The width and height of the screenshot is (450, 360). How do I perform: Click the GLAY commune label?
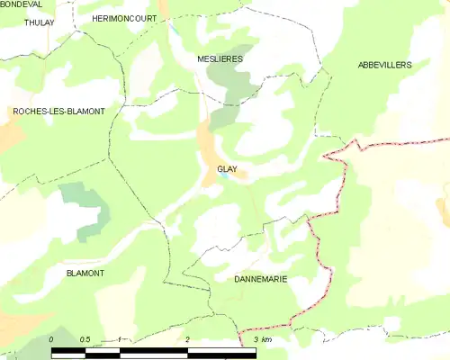point(227,168)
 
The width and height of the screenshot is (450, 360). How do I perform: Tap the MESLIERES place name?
point(220,58)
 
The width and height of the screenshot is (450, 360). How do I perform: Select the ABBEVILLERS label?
point(384,66)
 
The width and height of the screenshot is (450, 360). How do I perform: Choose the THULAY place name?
point(40,22)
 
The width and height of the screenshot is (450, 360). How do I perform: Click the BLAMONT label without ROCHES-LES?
point(85,273)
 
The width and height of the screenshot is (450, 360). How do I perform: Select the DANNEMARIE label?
point(260,279)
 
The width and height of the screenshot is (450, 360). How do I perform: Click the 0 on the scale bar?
point(52,339)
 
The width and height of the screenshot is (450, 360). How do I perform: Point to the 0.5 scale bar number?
point(85,339)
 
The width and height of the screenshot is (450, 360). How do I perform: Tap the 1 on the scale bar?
point(120,339)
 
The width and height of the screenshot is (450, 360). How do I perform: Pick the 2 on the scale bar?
point(187,339)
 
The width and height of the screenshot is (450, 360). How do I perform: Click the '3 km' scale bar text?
point(263,339)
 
